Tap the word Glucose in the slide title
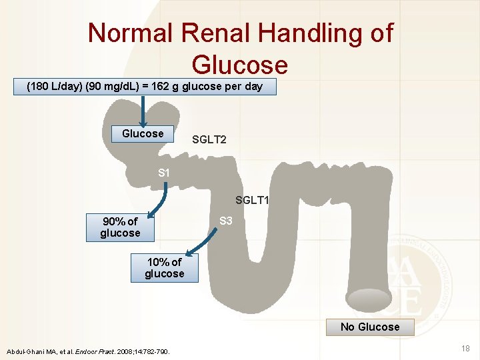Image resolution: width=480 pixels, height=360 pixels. point(239,65)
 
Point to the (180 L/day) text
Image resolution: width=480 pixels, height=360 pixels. point(51,87)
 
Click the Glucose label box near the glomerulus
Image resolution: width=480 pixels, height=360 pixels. point(143,133)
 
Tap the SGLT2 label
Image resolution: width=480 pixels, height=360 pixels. point(209,139)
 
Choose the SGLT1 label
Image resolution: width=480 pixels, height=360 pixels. point(252,199)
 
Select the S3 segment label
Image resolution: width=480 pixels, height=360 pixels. point(226,221)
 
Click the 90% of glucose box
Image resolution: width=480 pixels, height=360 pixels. point(120,227)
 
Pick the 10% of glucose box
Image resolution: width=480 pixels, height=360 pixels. point(165,268)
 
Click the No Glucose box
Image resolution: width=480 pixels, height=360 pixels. point(370,327)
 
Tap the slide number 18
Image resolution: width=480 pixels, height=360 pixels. point(466,348)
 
